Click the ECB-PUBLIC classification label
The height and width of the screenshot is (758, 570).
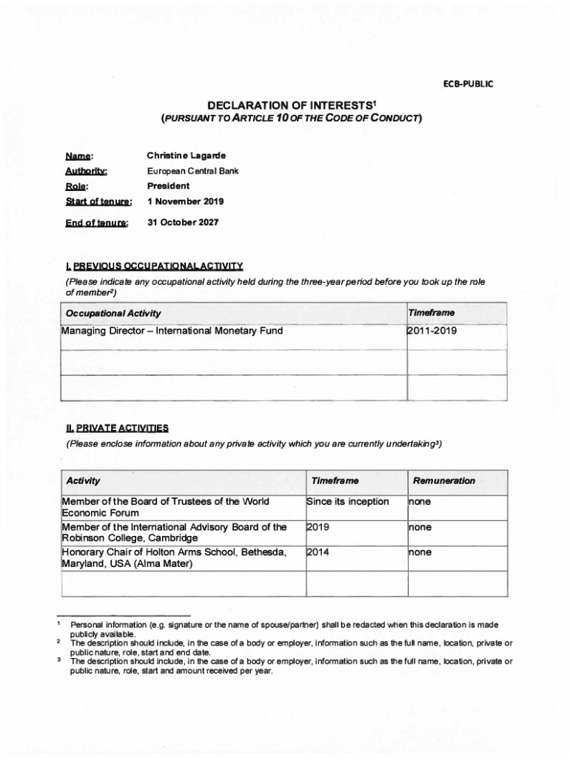468,84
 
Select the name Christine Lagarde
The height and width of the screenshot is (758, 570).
186,156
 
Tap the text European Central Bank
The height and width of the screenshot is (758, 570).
192,171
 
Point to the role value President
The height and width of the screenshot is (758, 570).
168,186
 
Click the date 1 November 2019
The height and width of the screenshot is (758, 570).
185,201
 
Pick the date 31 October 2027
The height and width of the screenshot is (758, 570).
182,222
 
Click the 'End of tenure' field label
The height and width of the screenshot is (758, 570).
97,223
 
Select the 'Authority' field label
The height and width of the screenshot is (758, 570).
87,172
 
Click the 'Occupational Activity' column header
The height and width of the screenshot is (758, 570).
113,313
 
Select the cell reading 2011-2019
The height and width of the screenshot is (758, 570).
432,331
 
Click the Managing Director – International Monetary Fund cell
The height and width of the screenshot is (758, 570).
172,331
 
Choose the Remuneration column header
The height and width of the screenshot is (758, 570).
444,480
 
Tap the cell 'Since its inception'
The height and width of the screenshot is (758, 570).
347,502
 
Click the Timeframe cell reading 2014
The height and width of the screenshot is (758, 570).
318,552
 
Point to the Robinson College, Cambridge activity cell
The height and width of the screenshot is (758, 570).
174,533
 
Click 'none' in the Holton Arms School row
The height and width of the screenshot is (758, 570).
419,552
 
